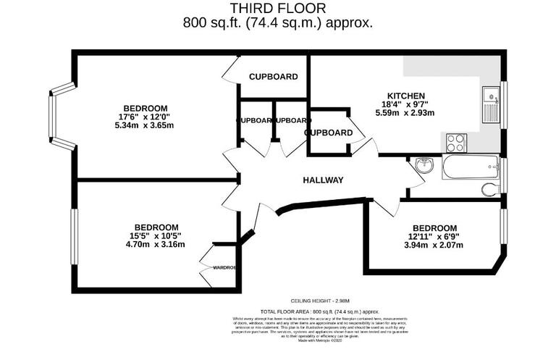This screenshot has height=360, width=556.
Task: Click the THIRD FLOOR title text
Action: [278, 8]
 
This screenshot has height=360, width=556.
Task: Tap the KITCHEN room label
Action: [405, 96]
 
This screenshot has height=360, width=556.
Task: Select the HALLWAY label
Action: [322, 180]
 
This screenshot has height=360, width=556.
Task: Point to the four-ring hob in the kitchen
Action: [456, 142]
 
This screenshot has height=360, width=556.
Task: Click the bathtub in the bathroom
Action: [470, 167]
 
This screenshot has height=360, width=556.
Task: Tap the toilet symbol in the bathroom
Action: [491, 190]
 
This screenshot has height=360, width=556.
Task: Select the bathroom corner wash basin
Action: [423, 166]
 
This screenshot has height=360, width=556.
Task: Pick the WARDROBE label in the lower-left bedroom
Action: [224, 267]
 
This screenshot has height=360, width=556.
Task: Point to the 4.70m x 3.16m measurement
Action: [155, 244]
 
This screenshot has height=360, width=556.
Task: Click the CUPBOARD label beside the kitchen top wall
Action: [274, 77]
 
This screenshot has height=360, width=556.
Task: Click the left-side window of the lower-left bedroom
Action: [73, 236]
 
